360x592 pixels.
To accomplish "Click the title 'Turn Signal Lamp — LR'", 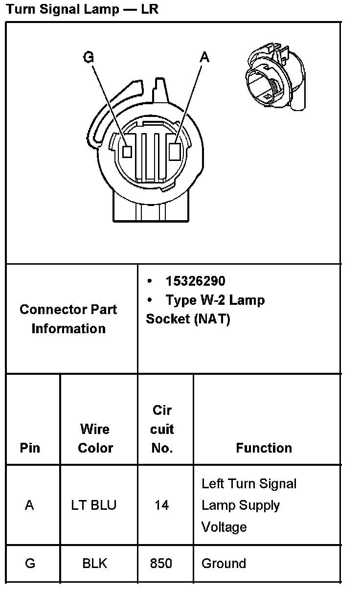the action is pyautogui.click(x=82, y=9).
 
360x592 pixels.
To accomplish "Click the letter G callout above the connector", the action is pyautogui.click(x=89, y=58).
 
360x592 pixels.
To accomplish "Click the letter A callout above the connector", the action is pyautogui.click(x=204, y=58).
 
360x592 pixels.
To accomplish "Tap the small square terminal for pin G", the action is pyautogui.click(x=127, y=152).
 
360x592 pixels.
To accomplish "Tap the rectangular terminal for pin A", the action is pyautogui.click(x=175, y=151).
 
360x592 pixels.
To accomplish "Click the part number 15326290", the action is pyautogui.click(x=195, y=281).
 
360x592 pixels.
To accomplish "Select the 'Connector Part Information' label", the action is pyautogui.click(x=68, y=319).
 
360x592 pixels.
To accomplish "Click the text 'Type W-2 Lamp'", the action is pyautogui.click(x=215, y=300).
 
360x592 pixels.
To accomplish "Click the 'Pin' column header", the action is pyautogui.click(x=30, y=448).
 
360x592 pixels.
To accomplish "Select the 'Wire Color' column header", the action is pyautogui.click(x=95, y=438).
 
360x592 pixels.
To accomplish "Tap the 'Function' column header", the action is pyautogui.click(x=264, y=448).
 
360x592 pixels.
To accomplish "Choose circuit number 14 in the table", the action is pyautogui.click(x=161, y=505).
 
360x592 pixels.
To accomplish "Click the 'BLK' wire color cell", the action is pyautogui.click(x=95, y=564).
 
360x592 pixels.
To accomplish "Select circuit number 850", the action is pyautogui.click(x=161, y=564).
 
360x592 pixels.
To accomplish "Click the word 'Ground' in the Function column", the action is pyautogui.click(x=224, y=564).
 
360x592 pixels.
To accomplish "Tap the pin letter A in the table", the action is pyautogui.click(x=29, y=505).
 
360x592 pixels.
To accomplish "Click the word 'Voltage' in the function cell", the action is pyautogui.click(x=224, y=527).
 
